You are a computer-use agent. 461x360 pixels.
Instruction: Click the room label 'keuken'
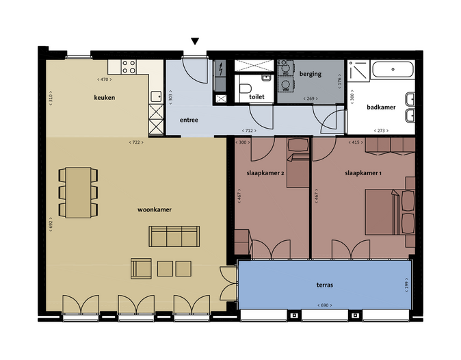coord(104,98)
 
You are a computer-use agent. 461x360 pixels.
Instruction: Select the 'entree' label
coord(189,120)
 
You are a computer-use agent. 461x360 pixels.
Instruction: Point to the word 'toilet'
coord(256,97)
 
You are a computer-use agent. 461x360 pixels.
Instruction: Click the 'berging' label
coord(310,74)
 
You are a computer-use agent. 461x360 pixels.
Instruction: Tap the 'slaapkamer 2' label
coord(265,174)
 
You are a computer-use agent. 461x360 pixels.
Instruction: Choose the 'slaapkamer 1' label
coord(363,174)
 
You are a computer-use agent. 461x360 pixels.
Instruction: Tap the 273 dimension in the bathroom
coord(381,131)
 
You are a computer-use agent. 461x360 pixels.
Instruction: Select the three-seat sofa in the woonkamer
coord(174,236)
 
